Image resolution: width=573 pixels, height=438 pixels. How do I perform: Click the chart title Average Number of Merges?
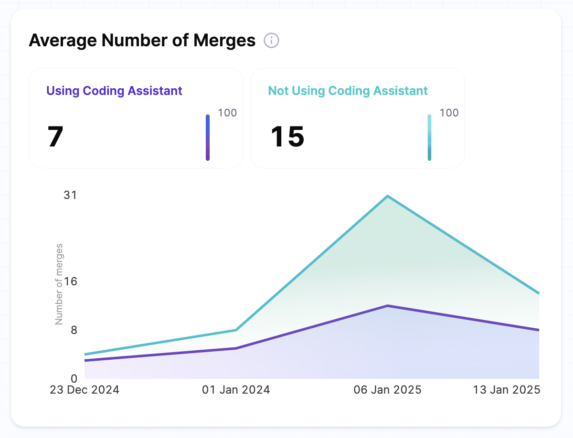[x=142, y=41]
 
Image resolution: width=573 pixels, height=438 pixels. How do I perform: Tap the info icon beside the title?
[x=272, y=41]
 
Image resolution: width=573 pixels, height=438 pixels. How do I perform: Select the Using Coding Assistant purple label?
[x=114, y=91]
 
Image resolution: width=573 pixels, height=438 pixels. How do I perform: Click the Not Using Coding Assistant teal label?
[x=348, y=91]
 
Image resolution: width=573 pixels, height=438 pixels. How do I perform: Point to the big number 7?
[x=55, y=137]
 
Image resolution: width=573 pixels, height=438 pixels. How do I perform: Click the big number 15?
[x=287, y=137]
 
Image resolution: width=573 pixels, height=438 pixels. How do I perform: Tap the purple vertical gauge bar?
[x=208, y=137]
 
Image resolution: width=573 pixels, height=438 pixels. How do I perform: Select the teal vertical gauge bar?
[x=429, y=137]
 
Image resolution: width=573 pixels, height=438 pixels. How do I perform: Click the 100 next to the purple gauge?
[x=227, y=113]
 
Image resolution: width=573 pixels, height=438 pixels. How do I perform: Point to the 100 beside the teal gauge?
[x=449, y=113]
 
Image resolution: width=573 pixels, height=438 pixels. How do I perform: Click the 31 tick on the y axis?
[x=70, y=195]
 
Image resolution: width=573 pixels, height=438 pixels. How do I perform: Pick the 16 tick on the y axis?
[x=71, y=282]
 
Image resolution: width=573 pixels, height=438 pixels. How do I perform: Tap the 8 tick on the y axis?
[x=74, y=330]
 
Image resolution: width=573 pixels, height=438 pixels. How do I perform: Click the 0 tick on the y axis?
[x=74, y=379]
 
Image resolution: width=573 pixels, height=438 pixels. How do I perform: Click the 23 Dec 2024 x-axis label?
[x=85, y=390]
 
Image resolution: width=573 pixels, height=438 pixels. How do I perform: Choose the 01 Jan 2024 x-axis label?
[x=236, y=390]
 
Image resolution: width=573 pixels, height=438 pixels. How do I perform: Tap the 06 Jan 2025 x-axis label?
[x=387, y=390]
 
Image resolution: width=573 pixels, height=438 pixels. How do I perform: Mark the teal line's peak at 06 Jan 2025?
[x=388, y=196]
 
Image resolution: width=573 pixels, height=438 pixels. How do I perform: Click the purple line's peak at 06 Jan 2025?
[x=388, y=306]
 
